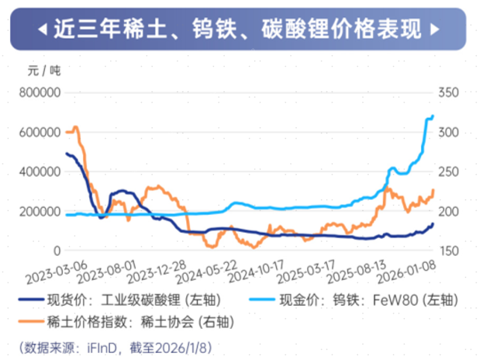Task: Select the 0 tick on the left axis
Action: [x=57, y=251]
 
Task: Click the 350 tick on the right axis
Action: [x=448, y=93]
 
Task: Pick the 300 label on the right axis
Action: [x=448, y=132]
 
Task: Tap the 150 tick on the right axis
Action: [x=448, y=251]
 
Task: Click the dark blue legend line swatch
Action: [x=30, y=300]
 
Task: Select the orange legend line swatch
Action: [x=30, y=322]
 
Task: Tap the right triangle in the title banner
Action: [x=434, y=30]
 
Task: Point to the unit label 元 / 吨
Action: [x=44, y=70]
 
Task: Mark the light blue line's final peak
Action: [x=432, y=116]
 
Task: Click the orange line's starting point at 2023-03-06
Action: [x=66, y=132]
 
